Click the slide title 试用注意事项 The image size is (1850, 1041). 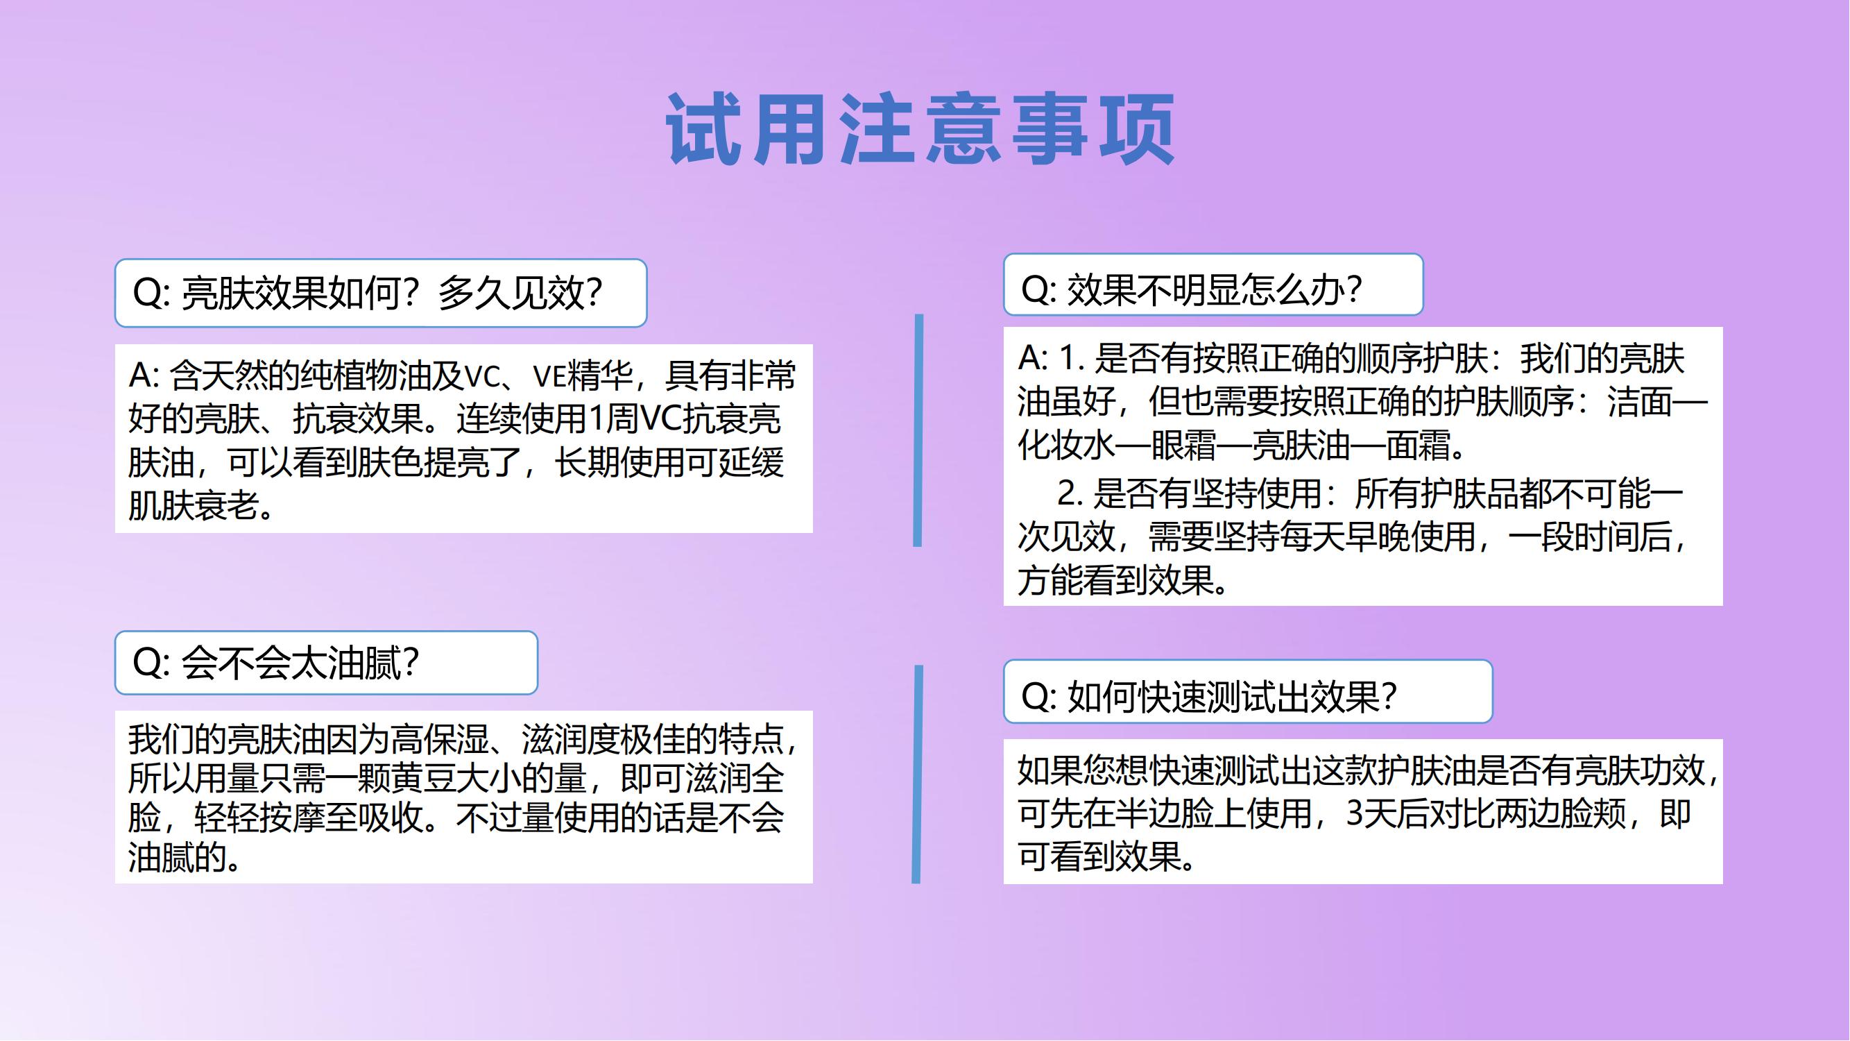(x=920, y=129)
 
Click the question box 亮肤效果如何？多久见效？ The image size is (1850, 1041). (x=381, y=293)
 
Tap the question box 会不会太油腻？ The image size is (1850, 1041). (x=326, y=662)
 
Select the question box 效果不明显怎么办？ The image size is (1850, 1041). (x=1213, y=285)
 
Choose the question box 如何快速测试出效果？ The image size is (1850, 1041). (x=1248, y=691)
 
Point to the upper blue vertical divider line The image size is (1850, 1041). (x=918, y=430)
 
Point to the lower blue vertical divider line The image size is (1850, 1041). (x=917, y=775)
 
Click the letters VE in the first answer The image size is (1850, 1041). (x=549, y=376)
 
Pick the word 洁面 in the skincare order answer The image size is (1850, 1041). (x=1640, y=403)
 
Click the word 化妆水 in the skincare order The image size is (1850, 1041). (x=1066, y=446)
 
